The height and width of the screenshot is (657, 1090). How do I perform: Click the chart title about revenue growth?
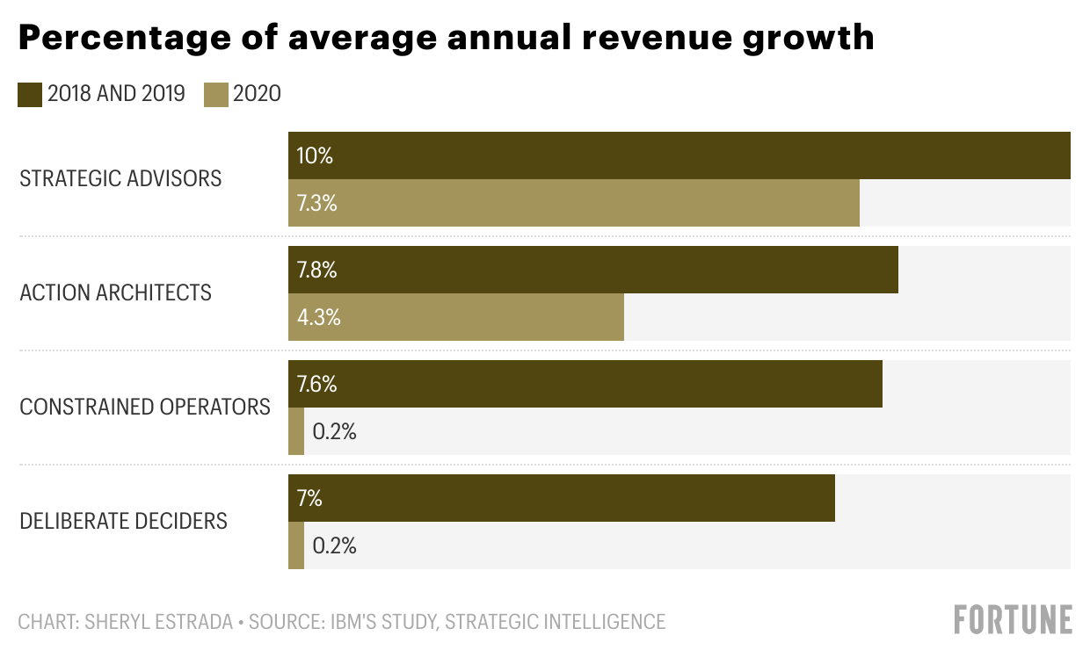pyautogui.click(x=446, y=38)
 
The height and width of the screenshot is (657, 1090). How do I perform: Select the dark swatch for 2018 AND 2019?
pyautogui.click(x=30, y=95)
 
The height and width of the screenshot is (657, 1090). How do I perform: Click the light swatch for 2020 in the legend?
pyautogui.click(x=216, y=95)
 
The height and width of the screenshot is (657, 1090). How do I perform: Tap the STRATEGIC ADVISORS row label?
pyautogui.click(x=120, y=179)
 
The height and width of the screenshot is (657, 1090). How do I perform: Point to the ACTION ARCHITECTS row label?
pyautogui.click(x=115, y=292)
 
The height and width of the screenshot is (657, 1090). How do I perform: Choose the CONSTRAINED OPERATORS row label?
pyautogui.click(x=145, y=408)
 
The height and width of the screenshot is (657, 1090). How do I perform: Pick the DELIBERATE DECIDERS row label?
pyautogui.click(x=123, y=522)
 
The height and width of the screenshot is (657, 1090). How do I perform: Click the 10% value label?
pyautogui.click(x=315, y=156)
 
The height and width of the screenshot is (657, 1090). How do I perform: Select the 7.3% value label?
pyautogui.click(x=316, y=204)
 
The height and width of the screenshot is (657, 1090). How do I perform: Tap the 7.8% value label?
pyautogui.click(x=316, y=271)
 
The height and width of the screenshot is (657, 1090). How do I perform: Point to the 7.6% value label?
pyautogui.click(x=316, y=385)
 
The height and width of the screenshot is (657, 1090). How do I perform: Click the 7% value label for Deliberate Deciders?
pyautogui.click(x=309, y=499)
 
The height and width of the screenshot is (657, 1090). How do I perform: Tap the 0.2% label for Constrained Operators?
pyautogui.click(x=334, y=432)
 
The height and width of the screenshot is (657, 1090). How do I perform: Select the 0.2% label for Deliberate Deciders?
pyautogui.click(x=334, y=546)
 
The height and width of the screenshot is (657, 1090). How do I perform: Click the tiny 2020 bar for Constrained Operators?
pyautogui.click(x=296, y=431)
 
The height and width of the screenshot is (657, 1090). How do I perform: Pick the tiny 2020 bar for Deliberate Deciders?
pyautogui.click(x=296, y=545)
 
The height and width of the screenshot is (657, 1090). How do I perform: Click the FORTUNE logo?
pyautogui.click(x=1013, y=619)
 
